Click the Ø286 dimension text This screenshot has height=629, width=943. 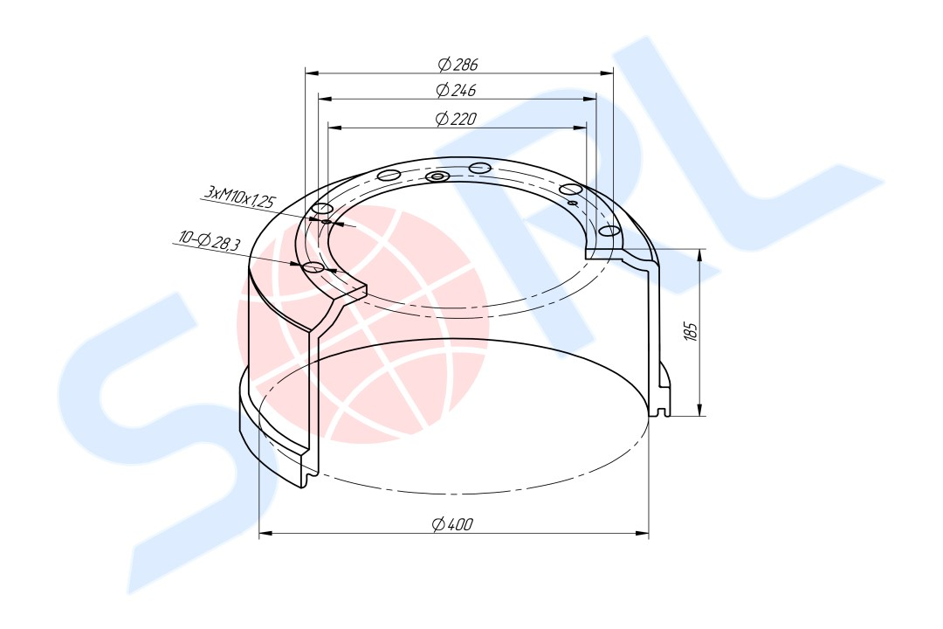[x=458, y=63]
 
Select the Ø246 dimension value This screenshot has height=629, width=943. [x=456, y=90]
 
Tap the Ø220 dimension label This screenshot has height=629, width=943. [x=456, y=119]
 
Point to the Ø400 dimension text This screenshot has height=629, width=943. [x=453, y=524]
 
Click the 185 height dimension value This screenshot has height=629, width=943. [x=691, y=331]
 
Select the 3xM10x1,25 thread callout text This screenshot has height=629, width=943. [x=239, y=197]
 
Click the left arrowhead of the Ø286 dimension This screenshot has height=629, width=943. [x=312, y=73]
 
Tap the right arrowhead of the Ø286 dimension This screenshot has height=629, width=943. [x=607, y=73]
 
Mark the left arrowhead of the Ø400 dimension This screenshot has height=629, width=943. [x=265, y=533]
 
